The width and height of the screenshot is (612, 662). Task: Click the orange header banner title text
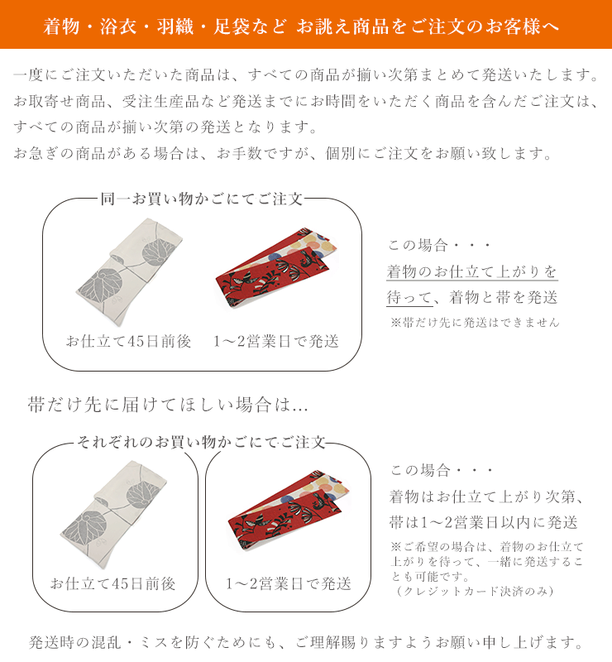[x=301, y=26]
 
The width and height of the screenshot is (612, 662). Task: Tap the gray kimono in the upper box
[x=129, y=272]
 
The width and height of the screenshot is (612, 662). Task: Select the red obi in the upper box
[x=276, y=267]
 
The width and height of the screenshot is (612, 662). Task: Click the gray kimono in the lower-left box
[x=114, y=515]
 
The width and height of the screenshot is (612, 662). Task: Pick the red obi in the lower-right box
[x=289, y=510]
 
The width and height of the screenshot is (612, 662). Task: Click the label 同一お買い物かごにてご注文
[x=201, y=199]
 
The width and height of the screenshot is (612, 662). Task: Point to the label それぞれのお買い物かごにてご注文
[x=201, y=442]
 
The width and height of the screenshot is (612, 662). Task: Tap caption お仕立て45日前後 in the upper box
[x=128, y=341]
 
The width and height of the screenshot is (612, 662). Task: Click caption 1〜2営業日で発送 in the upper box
[x=276, y=341]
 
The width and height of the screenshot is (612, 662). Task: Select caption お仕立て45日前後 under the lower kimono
[x=112, y=583]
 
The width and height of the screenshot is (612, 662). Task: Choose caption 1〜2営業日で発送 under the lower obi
[x=289, y=583]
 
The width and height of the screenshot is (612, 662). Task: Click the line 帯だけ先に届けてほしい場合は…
[x=168, y=405]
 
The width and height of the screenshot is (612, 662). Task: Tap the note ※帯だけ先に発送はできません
[x=475, y=323]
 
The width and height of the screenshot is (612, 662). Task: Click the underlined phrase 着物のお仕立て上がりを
[x=472, y=271]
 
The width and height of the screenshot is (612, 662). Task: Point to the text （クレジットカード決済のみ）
[x=475, y=591]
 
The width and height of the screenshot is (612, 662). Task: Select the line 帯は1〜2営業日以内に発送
[x=484, y=523]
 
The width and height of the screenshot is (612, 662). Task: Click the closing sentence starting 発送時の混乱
[x=306, y=643]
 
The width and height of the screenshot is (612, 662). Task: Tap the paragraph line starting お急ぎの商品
[x=283, y=153]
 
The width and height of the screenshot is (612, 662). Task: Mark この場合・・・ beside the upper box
[x=439, y=245]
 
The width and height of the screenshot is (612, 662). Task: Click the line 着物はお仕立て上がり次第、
[x=487, y=497]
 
